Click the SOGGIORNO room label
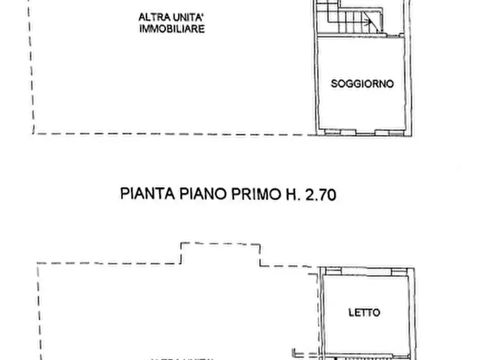click(x=362, y=84)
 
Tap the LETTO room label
click(x=364, y=312)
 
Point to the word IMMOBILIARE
click(x=171, y=29)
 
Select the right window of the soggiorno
click(x=383, y=131)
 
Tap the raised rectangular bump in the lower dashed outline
click(x=220, y=253)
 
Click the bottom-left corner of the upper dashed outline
click(x=34, y=133)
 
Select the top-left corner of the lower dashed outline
click(x=38, y=263)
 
